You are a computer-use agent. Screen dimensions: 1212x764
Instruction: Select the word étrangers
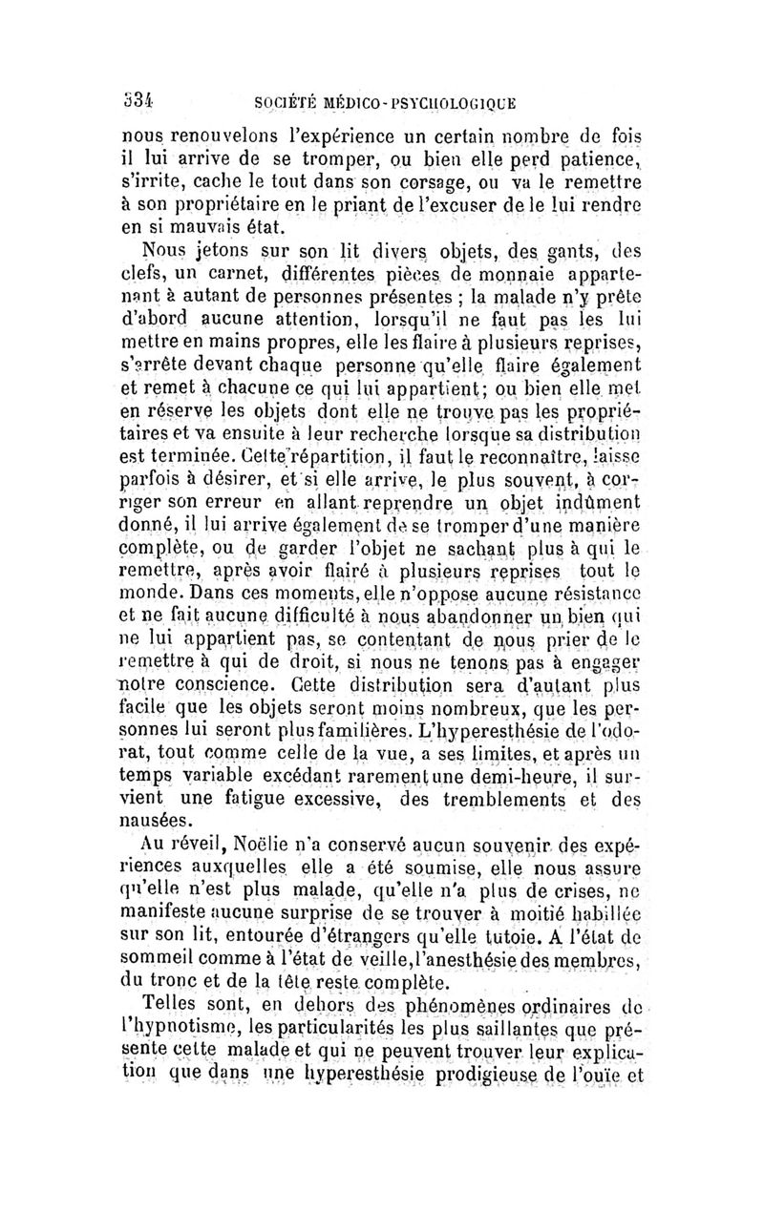[320, 941]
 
